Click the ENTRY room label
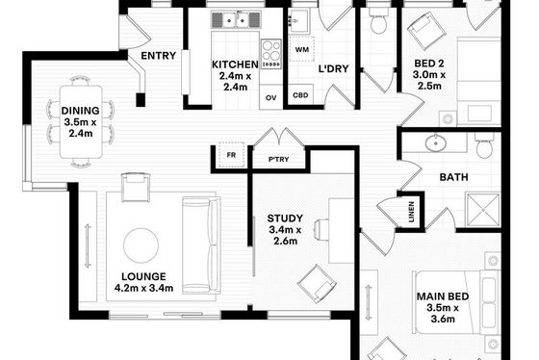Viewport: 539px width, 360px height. pos(158,56)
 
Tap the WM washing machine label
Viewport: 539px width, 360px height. pos(302,49)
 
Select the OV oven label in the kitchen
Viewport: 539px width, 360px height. pos(270,97)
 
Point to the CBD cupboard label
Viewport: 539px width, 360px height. pos(300,95)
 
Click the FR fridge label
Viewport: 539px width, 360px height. pos(231,155)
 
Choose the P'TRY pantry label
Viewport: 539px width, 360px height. pos(278,159)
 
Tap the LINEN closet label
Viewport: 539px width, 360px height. pos(411,211)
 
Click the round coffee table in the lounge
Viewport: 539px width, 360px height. pos(141,245)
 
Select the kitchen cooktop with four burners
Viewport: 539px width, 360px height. pos(271,54)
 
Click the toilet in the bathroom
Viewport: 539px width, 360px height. pos(485,146)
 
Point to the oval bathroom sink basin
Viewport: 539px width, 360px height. pos(435,142)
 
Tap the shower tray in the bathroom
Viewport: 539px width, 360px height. pos(482,210)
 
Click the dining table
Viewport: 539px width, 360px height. pos(81,121)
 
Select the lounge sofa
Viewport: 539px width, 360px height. pos(201,245)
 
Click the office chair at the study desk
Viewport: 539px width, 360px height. pos(321,229)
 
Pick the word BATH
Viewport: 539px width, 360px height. pos(453,177)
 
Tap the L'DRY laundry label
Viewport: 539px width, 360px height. pos(333,68)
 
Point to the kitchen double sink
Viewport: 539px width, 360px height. pos(236,20)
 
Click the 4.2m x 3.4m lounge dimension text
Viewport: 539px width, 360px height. pos(143,288)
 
